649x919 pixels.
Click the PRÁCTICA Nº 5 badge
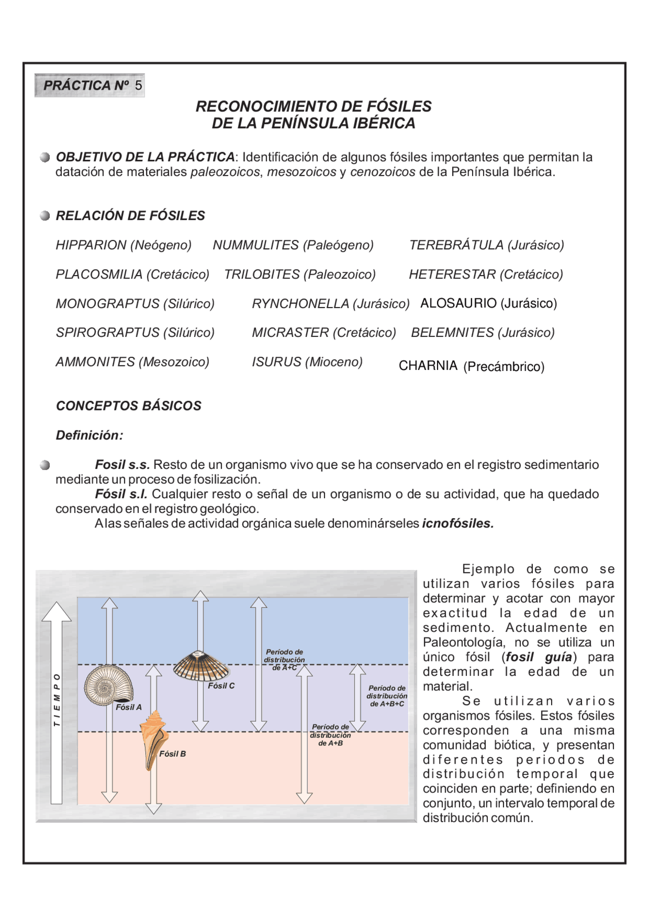[x=90, y=85]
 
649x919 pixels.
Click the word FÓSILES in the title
[x=399, y=107]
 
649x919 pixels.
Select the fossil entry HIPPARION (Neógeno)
[x=123, y=245]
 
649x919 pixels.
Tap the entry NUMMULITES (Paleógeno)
[x=293, y=245]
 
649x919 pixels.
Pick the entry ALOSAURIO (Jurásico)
[x=488, y=303]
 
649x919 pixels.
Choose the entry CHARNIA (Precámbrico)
[x=471, y=366]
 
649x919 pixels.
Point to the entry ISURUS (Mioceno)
[x=307, y=362]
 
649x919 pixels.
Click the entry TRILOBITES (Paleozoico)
[x=300, y=275]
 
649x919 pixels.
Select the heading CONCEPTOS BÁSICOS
[x=128, y=406]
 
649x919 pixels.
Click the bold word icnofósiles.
[x=457, y=524]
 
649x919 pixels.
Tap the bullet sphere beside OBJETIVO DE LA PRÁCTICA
[x=45, y=157]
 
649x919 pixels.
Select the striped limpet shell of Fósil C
[x=201, y=666]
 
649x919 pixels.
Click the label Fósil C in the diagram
[x=221, y=686]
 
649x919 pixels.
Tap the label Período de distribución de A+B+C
[x=386, y=696]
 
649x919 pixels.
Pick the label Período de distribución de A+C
[x=284, y=660]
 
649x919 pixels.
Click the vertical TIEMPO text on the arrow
[x=57, y=700]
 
